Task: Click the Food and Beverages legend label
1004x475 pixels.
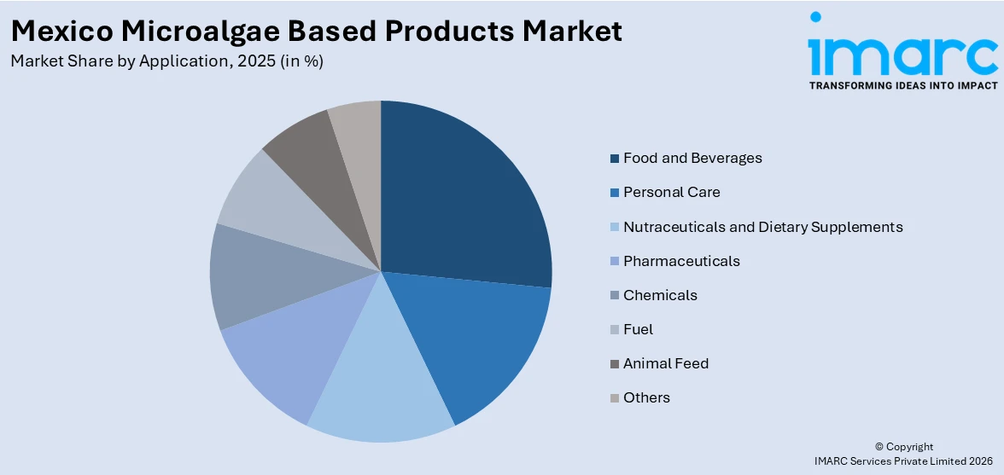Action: [x=692, y=158]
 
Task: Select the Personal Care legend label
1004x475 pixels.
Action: [x=671, y=192]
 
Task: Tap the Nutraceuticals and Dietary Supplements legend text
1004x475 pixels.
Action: [x=762, y=227]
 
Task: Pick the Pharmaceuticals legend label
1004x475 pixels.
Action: [x=681, y=261]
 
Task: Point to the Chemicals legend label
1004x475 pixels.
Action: [x=660, y=295]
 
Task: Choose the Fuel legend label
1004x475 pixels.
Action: [x=638, y=329]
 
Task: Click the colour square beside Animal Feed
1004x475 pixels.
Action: [x=615, y=364]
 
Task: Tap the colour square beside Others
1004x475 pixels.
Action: [x=615, y=398]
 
